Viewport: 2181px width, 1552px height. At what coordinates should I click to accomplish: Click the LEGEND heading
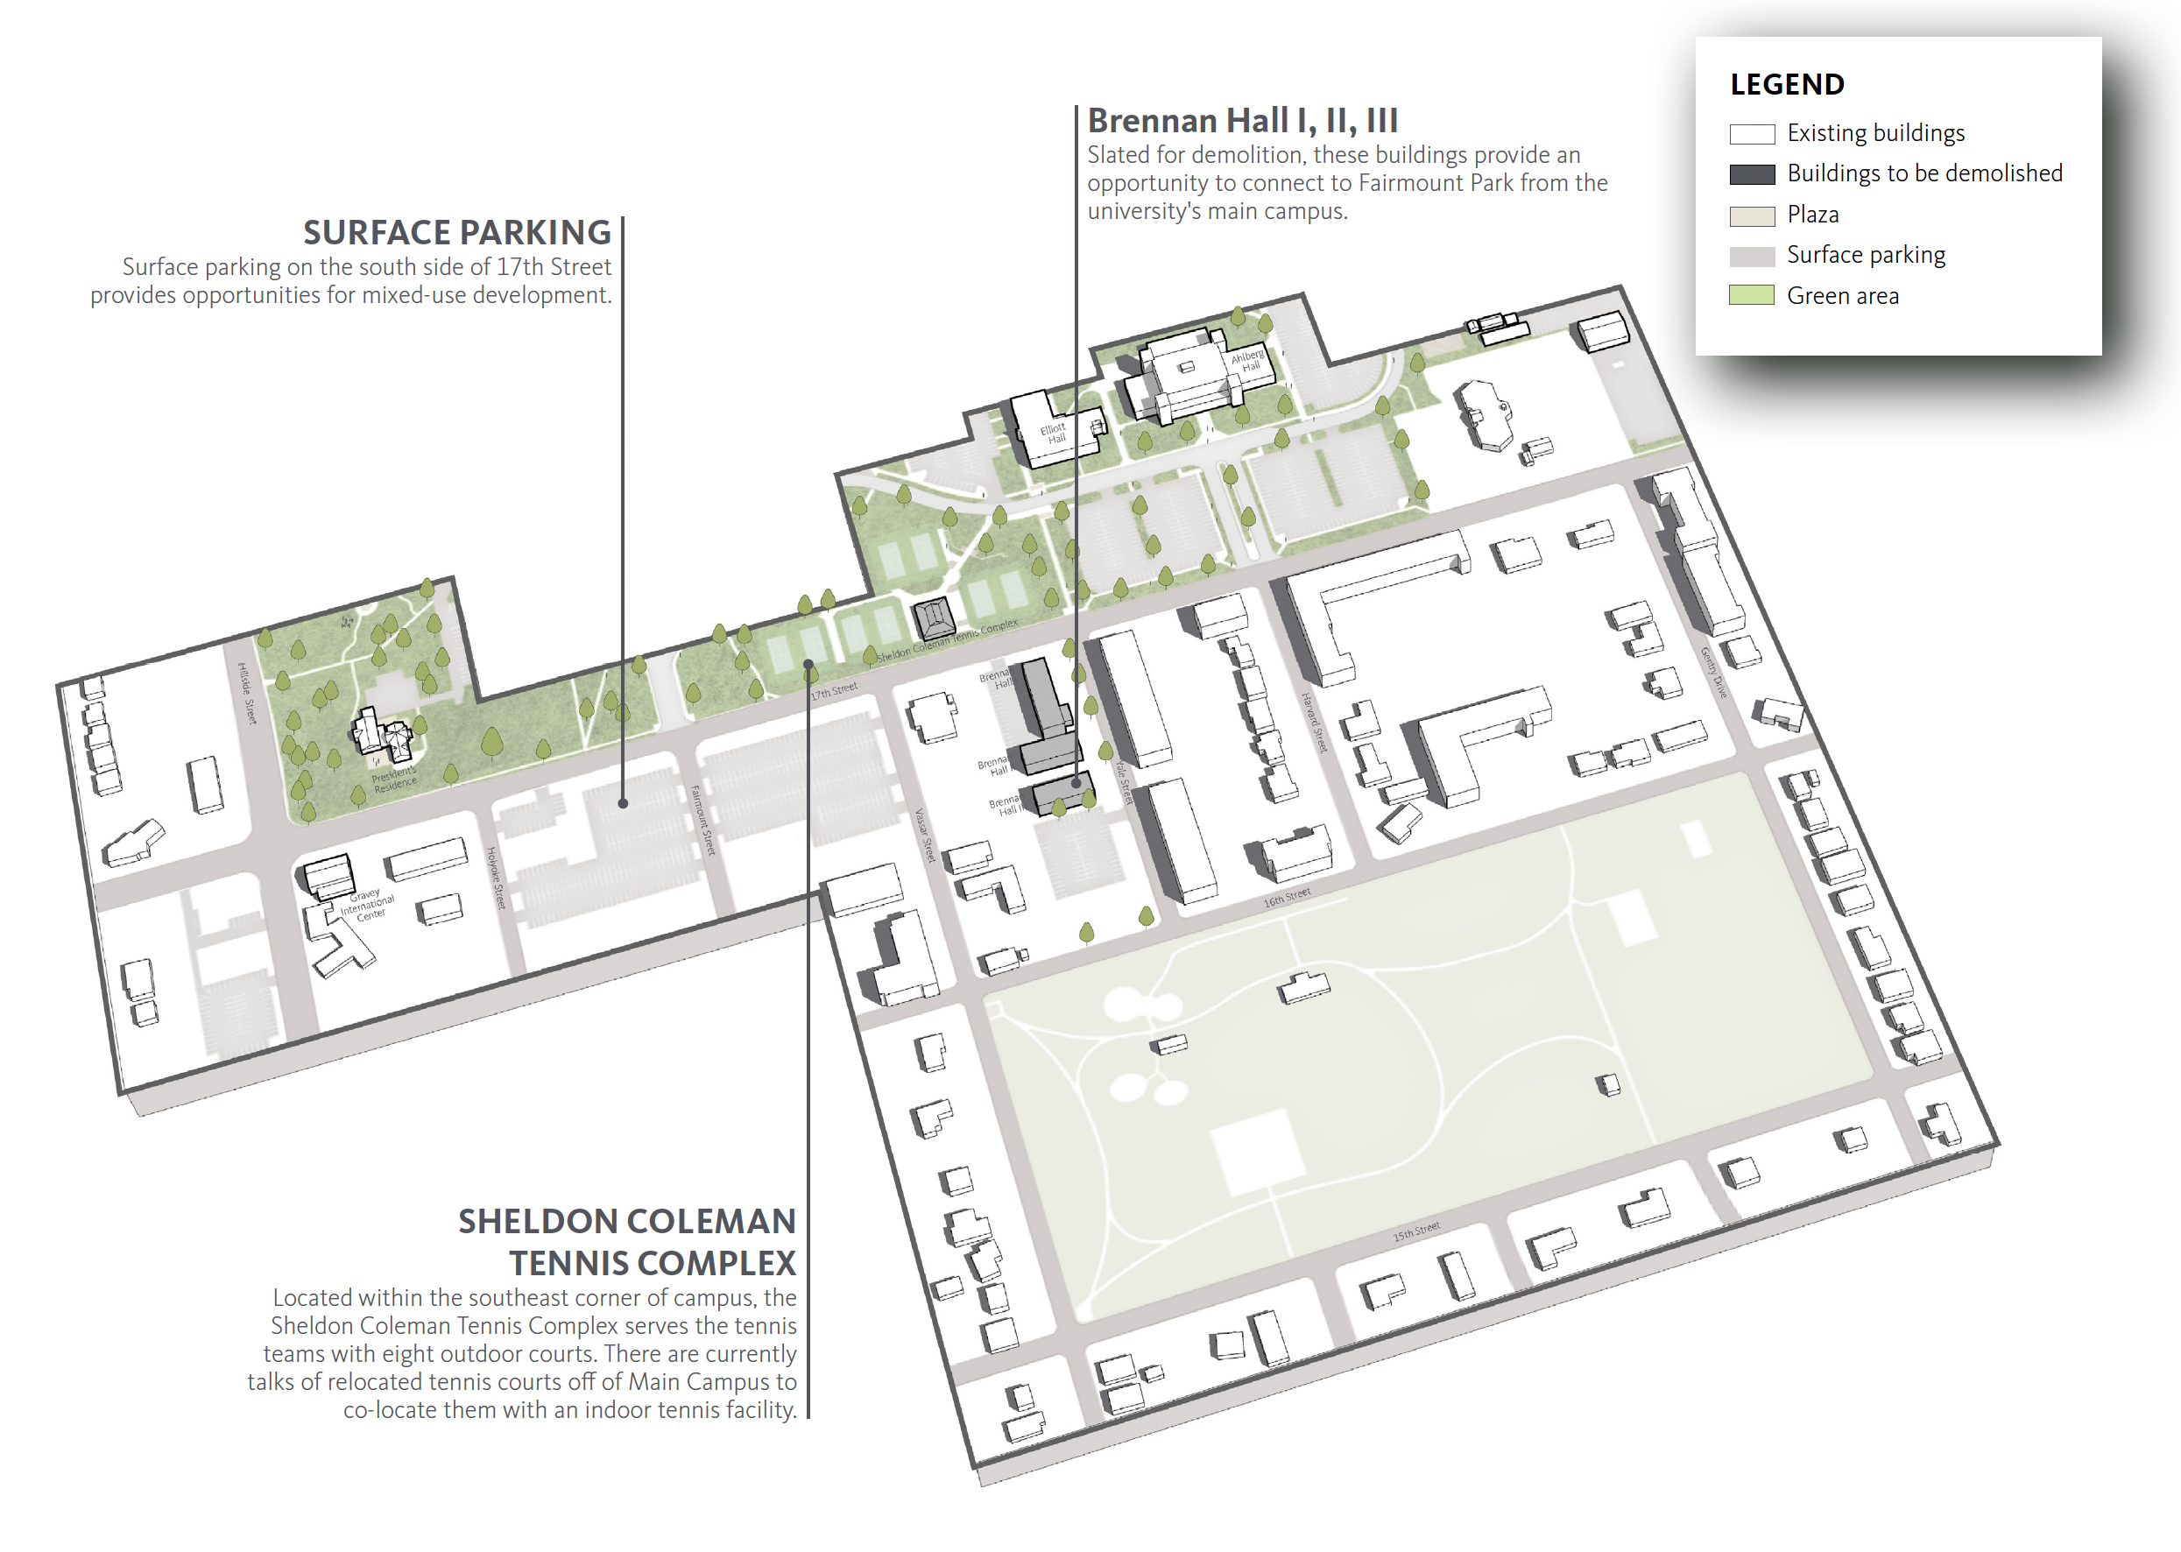(x=1785, y=84)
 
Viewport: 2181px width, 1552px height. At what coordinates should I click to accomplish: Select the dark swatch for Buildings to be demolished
(x=1751, y=174)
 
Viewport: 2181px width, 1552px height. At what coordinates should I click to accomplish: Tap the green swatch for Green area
(x=1751, y=295)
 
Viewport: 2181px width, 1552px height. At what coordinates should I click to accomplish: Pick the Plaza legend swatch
(x=1751, y=215)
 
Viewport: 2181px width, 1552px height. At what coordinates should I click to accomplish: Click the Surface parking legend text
(x=1865, y=255)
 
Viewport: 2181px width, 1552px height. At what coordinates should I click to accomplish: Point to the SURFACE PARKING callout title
(x=457, y=232)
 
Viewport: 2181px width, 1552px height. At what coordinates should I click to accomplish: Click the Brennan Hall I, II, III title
(x=1241, y=122)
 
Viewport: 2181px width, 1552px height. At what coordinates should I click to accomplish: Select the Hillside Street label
(x=247, y=693)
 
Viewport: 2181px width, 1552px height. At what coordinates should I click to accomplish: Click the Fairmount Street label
(x=702, y=819)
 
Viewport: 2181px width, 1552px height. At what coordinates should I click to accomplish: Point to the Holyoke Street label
(x=495, y=877)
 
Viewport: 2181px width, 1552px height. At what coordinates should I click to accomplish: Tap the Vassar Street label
(x=924, y=836)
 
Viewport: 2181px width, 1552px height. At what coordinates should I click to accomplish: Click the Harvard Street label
(x=1314, y=722)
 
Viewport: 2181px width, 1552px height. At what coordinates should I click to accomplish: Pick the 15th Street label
(x=1415, y=1231)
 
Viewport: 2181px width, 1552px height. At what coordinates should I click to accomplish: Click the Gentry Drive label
(x=1712, y=672)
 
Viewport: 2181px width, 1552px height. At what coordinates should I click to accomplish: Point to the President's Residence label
(x=394, y=778)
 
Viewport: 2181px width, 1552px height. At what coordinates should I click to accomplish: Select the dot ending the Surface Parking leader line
(x=623, y=804)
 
